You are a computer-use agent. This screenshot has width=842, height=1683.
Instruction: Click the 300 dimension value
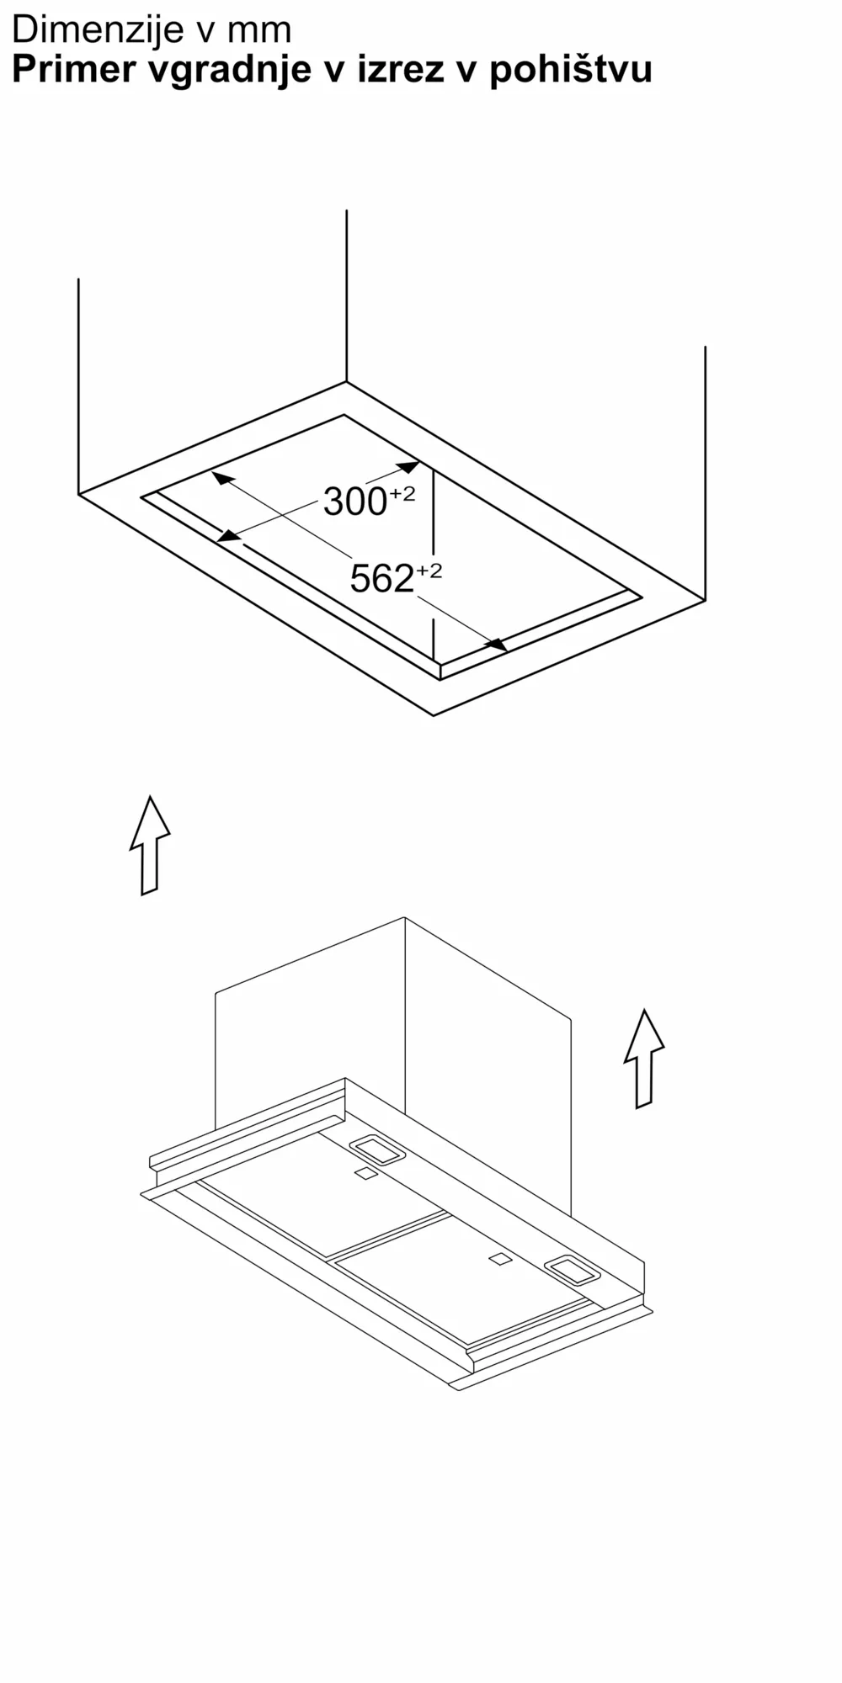pos(354,502)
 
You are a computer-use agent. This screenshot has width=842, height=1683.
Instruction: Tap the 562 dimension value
pos(381,579)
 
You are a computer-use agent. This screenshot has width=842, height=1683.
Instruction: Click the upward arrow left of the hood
pos(150,845)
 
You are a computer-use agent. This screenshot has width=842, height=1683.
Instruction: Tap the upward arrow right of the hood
pos(644,1058)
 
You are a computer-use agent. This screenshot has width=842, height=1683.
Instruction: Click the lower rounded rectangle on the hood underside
pos(572,1271)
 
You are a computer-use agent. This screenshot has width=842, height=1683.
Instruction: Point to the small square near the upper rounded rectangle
pos(365,1174)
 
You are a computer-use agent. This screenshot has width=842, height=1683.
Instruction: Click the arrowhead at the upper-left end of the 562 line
pos(221,478)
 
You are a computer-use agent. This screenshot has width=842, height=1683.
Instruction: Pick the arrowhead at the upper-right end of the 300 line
pos(408,466)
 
